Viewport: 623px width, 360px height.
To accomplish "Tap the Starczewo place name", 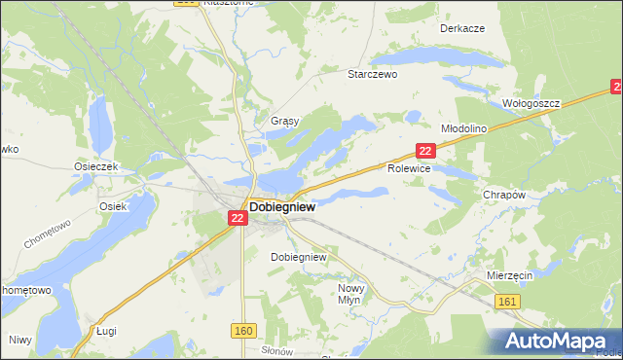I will pyautogui.click(x=374, y=73).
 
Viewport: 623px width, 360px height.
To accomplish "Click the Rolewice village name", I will pyautogui.click(x=409, y=167).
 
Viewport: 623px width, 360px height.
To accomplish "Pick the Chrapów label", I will pyautogui.click(x=504, y=195).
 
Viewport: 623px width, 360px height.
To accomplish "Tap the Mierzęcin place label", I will pyautogui.click(x=509, y=276).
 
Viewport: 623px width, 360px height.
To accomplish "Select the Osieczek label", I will pyautogui.click(x=95, y=166).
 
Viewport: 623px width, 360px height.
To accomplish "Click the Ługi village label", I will pyautogui.click(x=106, y=332).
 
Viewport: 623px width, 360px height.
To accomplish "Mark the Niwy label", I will pyautogui.click(x=19, y=340).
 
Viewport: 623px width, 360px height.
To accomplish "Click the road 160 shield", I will pyautogui.click(x=243, y=332).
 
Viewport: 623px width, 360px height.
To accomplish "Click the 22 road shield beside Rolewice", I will pyautogui.click(x=425, y=151).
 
